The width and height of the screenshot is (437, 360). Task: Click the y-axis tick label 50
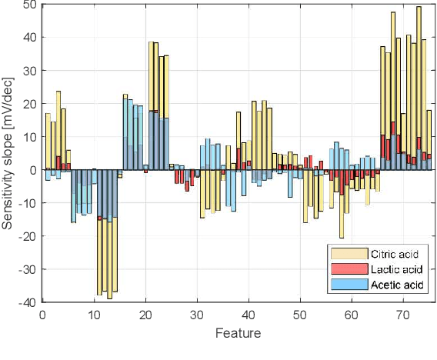coord(30,5)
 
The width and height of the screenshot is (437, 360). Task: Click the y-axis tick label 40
coord(30,38)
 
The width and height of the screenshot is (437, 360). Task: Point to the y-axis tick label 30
coord(30,71)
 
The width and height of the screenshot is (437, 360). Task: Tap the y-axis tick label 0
coord(33,170)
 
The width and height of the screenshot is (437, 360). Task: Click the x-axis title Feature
coord(238,333)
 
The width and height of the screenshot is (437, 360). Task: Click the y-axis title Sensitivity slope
coord(9,154)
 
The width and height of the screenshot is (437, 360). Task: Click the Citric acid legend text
coord(397,254)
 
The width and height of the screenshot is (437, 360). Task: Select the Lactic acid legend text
coord(397,269)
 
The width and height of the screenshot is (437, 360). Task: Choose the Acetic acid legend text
coord(397,285)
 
